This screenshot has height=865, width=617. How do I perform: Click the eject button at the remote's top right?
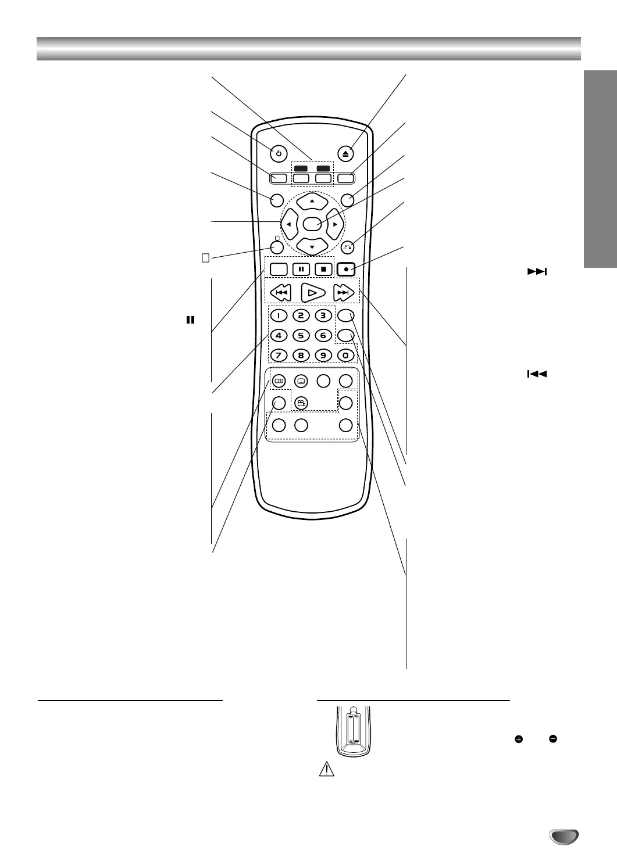pos(346,154)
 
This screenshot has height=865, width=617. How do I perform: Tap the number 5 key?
pos(301,335)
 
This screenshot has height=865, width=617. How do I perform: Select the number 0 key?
pos(345,354)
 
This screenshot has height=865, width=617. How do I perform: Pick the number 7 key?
pos(279,354)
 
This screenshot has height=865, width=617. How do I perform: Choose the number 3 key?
pos(323,316)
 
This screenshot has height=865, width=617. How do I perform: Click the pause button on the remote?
pos(301,270)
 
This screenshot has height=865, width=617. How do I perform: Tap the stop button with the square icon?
pos(323,270)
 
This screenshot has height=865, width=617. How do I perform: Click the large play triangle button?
pos(312,293)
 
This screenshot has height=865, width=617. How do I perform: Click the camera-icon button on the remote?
pos(301,403)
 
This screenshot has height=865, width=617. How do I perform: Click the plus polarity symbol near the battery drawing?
pos(519,740)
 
